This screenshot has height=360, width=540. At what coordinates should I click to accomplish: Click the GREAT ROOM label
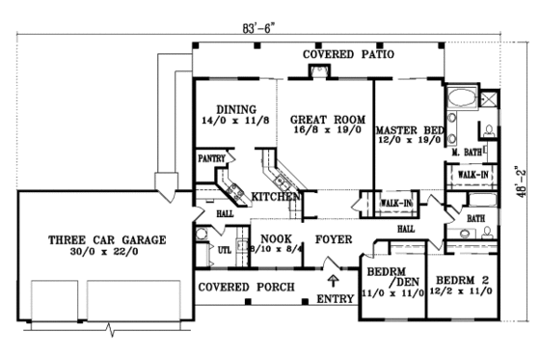click(x=327, y=119)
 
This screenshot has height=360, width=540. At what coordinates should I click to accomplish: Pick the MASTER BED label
click(x=409, y=129)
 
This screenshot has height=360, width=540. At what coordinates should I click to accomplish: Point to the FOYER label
click(x=329, y=237)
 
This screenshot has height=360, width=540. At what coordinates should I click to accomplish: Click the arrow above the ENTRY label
click(x=334, y=281)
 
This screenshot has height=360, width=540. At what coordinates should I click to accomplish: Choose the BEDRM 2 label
click(x=460, y=281)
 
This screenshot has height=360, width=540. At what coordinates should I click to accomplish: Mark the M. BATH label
click(x=468, y=152)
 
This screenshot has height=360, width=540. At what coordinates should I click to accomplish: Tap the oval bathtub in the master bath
click(x=461, y=99)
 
